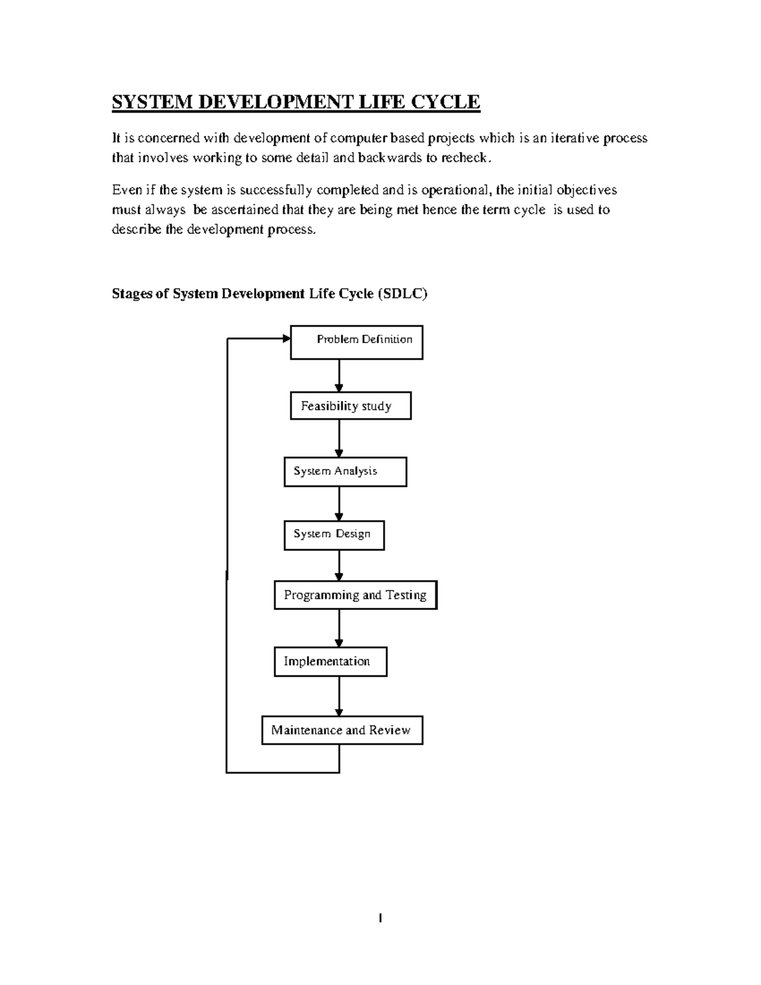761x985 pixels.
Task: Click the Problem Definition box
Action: tap(356, 342)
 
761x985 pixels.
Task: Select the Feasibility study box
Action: tap(351, 406)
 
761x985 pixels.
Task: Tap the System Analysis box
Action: tap(345, 472)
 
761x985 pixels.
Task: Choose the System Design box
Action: tap(334, 535)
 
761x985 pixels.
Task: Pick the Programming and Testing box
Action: tap(355, 595)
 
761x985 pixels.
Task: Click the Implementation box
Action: tap(330, 662)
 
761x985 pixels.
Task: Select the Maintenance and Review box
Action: tap(342, 730)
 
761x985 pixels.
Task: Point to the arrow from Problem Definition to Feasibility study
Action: tap(339, 375)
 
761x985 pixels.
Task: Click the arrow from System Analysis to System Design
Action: tap(339, 504)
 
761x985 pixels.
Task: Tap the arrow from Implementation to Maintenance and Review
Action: tap(339, 696)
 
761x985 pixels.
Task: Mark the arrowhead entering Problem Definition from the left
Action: tap(285, 339)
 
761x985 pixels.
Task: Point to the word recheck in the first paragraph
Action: tap(465, 158)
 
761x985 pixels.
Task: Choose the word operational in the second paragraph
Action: tap(455, 190)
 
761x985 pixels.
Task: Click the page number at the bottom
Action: tap(380, 918)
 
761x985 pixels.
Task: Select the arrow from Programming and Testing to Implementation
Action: tap(339, 628)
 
